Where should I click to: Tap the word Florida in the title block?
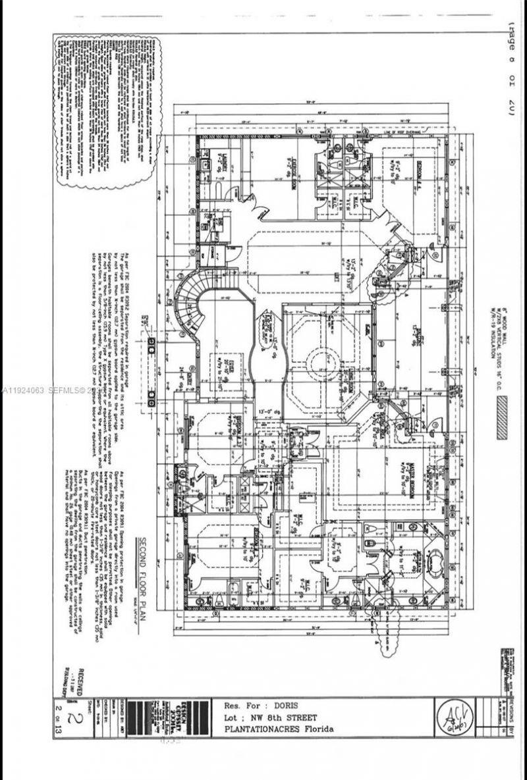coord(316,729)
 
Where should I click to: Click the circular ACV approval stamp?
coord(453,715)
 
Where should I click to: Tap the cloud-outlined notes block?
coord(107,109)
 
